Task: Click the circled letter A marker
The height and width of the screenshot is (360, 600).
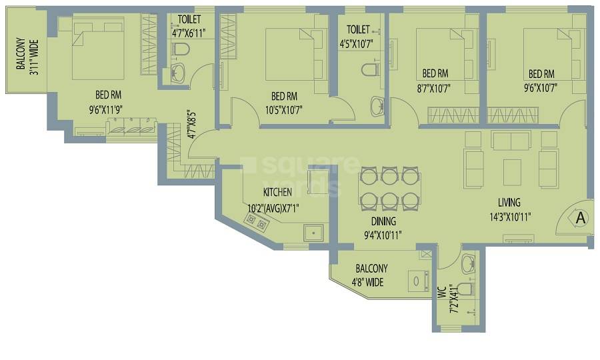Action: tap(579, 218)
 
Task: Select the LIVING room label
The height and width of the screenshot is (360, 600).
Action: tap(509, 202)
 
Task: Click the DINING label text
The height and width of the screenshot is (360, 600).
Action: tap(383, 221)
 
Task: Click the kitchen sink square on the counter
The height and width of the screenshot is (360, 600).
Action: tap(312, 233)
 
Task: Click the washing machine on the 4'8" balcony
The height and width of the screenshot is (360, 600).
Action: tap(417, 281)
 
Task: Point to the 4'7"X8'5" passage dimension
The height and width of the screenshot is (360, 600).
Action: tap(191, 123)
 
